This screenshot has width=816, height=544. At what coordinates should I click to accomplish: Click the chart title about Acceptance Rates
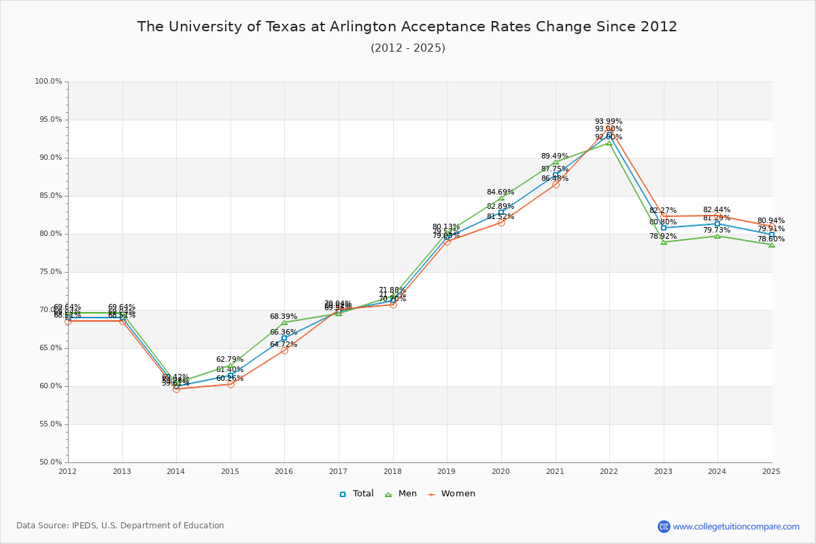click(x=407, y=27)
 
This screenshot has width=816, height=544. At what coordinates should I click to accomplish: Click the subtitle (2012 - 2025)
click(x=408, y=48)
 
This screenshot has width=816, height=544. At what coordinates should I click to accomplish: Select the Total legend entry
click(x=357, y=494)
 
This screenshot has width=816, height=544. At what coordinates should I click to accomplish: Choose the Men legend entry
click(x=402, y=494)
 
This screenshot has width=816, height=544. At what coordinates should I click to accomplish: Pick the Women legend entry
click(x=452, y=494)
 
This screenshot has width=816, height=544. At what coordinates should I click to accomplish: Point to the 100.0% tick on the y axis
click(x=48, y=82)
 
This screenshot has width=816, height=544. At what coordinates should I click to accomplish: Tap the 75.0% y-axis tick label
click(x=48, y=272)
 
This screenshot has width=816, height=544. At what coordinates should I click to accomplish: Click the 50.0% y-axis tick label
click(x=48, y=462)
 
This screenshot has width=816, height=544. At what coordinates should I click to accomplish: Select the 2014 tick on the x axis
click(x=176, y=471)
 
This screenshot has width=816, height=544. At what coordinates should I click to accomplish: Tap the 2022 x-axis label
click(x=609, y=471)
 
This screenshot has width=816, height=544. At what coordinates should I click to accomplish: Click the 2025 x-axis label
click(x=771, y=471)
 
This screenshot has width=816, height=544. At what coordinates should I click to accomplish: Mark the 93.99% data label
click(x=609, y=122)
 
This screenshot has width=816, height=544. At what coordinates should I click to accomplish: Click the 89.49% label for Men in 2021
click(x=555, y=156)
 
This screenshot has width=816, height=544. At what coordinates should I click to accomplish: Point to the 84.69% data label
click(x=500, y=192)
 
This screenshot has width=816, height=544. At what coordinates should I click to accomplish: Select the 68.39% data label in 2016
click(x=284, y=317)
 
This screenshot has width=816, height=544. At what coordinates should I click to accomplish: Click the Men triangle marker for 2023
click(x=664, y=241)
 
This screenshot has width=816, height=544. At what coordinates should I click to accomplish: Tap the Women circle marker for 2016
click(x=284, y=350)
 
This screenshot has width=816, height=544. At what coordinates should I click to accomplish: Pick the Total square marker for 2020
click(x=501, y=212)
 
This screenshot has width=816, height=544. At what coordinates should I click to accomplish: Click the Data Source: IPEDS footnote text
click(x=120, y=526)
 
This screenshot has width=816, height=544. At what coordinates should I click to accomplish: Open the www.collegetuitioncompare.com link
click(x=736, y=526)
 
